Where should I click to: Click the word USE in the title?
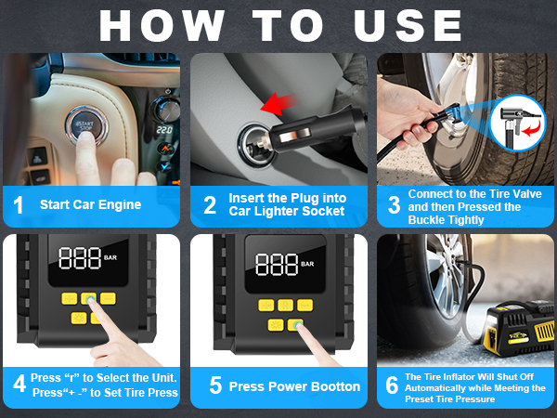(408, 25)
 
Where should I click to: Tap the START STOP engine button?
(86, 125)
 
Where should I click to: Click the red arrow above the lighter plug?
(279, 103)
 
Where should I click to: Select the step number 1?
(19, 205)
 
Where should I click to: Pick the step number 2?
(210, 205)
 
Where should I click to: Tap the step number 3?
(395, 205)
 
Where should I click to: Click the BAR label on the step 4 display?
(110, 257)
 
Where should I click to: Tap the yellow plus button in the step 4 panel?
(70, 298)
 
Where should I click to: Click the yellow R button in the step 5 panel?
(286, 305)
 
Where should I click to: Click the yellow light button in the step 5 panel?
(276, 325)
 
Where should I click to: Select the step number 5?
(215, 385)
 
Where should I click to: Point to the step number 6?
(392, 385)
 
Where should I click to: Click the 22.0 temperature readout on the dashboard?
(164, 130)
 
